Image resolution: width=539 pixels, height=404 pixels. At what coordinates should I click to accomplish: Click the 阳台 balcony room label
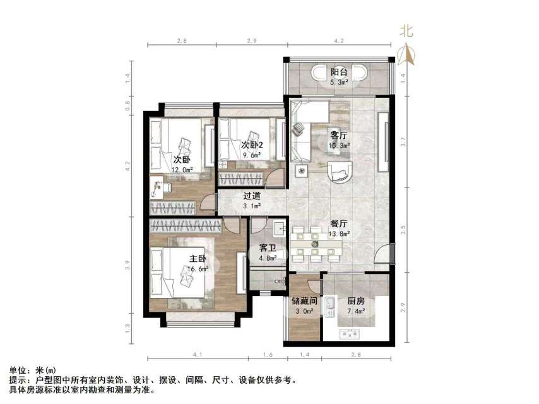coord(339,72)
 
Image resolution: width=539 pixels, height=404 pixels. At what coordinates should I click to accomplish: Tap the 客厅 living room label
coord(339,135)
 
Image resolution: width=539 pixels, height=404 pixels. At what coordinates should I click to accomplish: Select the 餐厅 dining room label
coord(339,223)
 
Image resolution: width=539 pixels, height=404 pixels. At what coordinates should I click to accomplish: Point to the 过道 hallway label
coord(252,196)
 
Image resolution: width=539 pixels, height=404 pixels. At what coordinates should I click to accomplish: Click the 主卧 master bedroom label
coord(198,259)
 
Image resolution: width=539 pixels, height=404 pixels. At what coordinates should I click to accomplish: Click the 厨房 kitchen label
coord(355,301)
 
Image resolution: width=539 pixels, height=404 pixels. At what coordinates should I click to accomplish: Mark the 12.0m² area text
coord(182,169)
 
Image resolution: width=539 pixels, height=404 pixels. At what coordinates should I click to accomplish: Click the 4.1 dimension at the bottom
coord(197,355)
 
